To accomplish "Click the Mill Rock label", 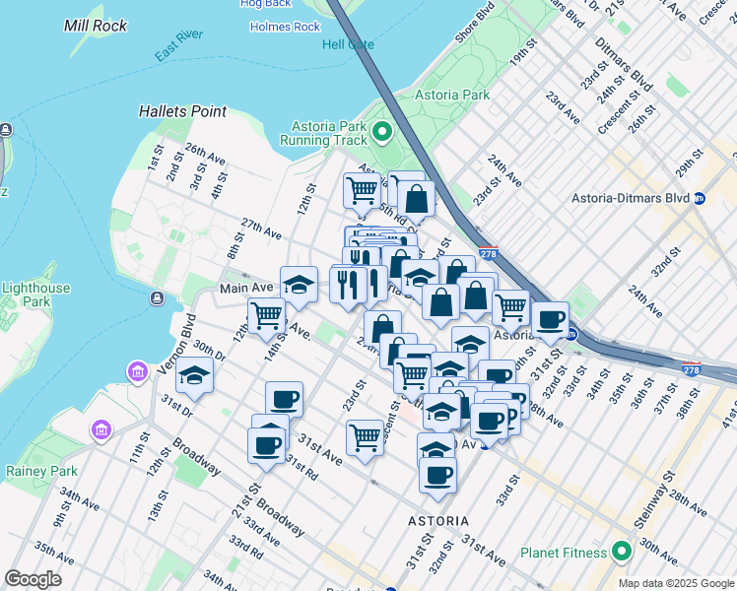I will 96,26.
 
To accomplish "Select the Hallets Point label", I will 182,112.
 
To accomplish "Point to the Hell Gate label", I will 349,44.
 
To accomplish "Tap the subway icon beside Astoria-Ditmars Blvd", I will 700,198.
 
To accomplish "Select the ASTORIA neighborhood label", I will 438,519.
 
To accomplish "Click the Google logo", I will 33,578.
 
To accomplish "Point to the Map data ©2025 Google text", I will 675,583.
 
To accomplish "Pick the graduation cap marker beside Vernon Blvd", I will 195,377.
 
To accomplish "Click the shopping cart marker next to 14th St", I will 266,316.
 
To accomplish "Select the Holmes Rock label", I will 287,27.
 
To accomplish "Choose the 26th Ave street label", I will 205,156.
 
